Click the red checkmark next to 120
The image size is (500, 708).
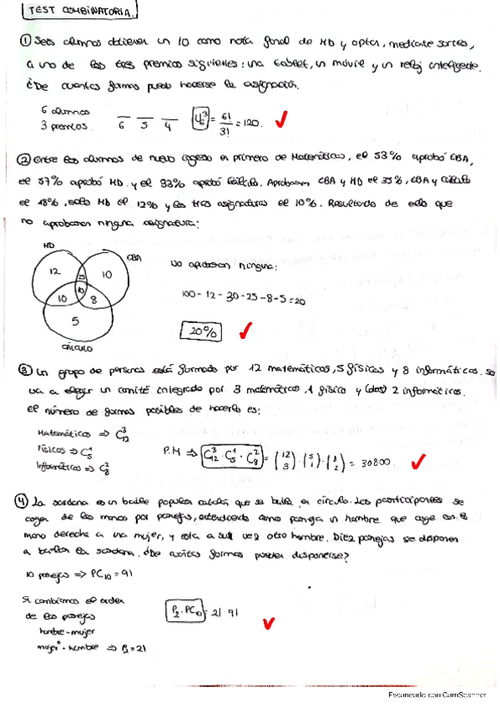click(x=280, y=122)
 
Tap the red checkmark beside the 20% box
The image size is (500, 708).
click(x=246, y=331)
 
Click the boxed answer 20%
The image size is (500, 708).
click(x=201, y=331)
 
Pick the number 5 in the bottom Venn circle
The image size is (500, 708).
click(x=75, y=320)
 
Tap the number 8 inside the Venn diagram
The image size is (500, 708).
click(x=93, y=296)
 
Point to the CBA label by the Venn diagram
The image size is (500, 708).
click(x=134, y=260)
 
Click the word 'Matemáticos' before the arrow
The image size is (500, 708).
click(x=65, y=433)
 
